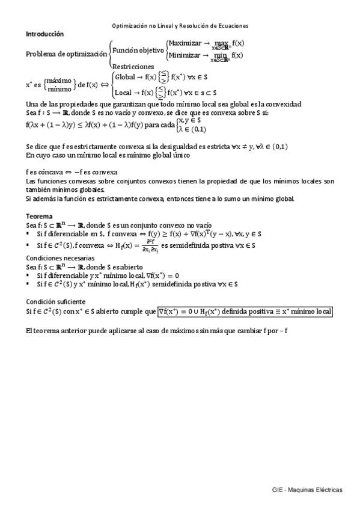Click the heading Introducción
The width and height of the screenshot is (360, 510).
tap(45, 34)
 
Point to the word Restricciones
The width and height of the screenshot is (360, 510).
tap(133, 67)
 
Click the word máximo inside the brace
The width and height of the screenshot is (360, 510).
tap(58, 81)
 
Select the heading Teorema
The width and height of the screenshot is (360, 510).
tap(39, 215)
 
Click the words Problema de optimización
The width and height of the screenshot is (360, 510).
tap(66, 54)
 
